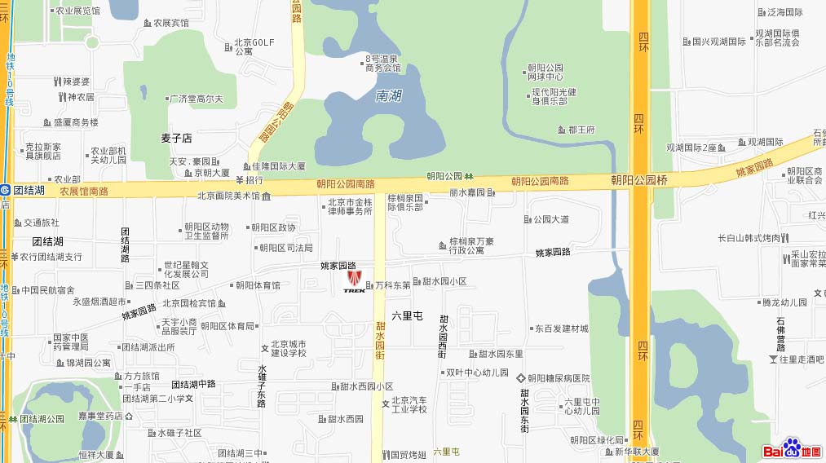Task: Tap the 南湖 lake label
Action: click(389, 96)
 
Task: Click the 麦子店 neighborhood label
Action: click(176, 139)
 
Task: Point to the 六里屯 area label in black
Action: click(408, 315)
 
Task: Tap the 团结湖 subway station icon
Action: click(5, 190)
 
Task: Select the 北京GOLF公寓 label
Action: click(254, 46)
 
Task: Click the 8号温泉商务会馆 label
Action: click(382, 64)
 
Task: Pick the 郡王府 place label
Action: click(581, 130)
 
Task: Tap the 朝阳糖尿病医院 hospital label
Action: click(558, 378)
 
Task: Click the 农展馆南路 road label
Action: click(84, 192)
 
